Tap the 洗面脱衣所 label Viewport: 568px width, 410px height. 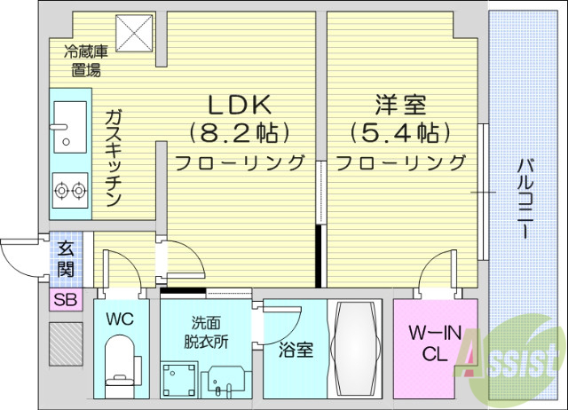(207, 333)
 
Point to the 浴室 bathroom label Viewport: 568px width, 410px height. (296, 350)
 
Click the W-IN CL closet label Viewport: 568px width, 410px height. (434, 342)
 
